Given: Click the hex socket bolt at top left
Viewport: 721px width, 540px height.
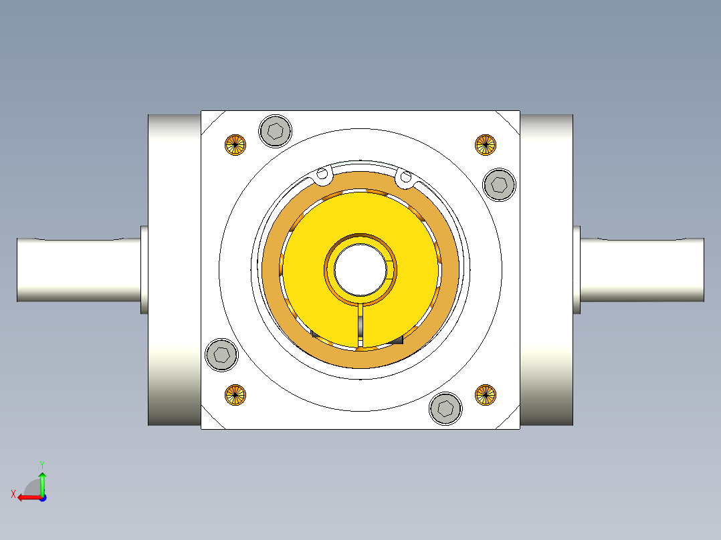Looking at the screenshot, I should (276, 130).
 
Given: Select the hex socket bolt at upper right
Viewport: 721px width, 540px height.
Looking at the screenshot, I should (500, 184).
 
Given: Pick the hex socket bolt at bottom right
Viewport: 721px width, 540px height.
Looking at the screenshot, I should (446, 408).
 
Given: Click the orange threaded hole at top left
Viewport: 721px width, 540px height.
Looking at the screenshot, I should (235, 144).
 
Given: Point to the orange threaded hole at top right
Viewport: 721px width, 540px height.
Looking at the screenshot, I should (486, 144).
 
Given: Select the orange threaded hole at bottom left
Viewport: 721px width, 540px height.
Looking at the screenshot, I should (235, 395).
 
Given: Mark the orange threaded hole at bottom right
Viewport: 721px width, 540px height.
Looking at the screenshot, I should (486, 395).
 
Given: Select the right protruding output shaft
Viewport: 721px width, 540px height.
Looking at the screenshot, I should (641, 269).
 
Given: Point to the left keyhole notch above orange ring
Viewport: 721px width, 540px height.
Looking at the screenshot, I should (322, 175).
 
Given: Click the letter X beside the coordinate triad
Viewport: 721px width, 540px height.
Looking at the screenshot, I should (13, 494).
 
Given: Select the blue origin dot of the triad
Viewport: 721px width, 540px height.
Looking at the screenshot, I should (42, 497).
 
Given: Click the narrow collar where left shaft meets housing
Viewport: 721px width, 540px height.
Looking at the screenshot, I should (144, 269).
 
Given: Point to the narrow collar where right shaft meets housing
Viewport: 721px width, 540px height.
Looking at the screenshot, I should (577, 269).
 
